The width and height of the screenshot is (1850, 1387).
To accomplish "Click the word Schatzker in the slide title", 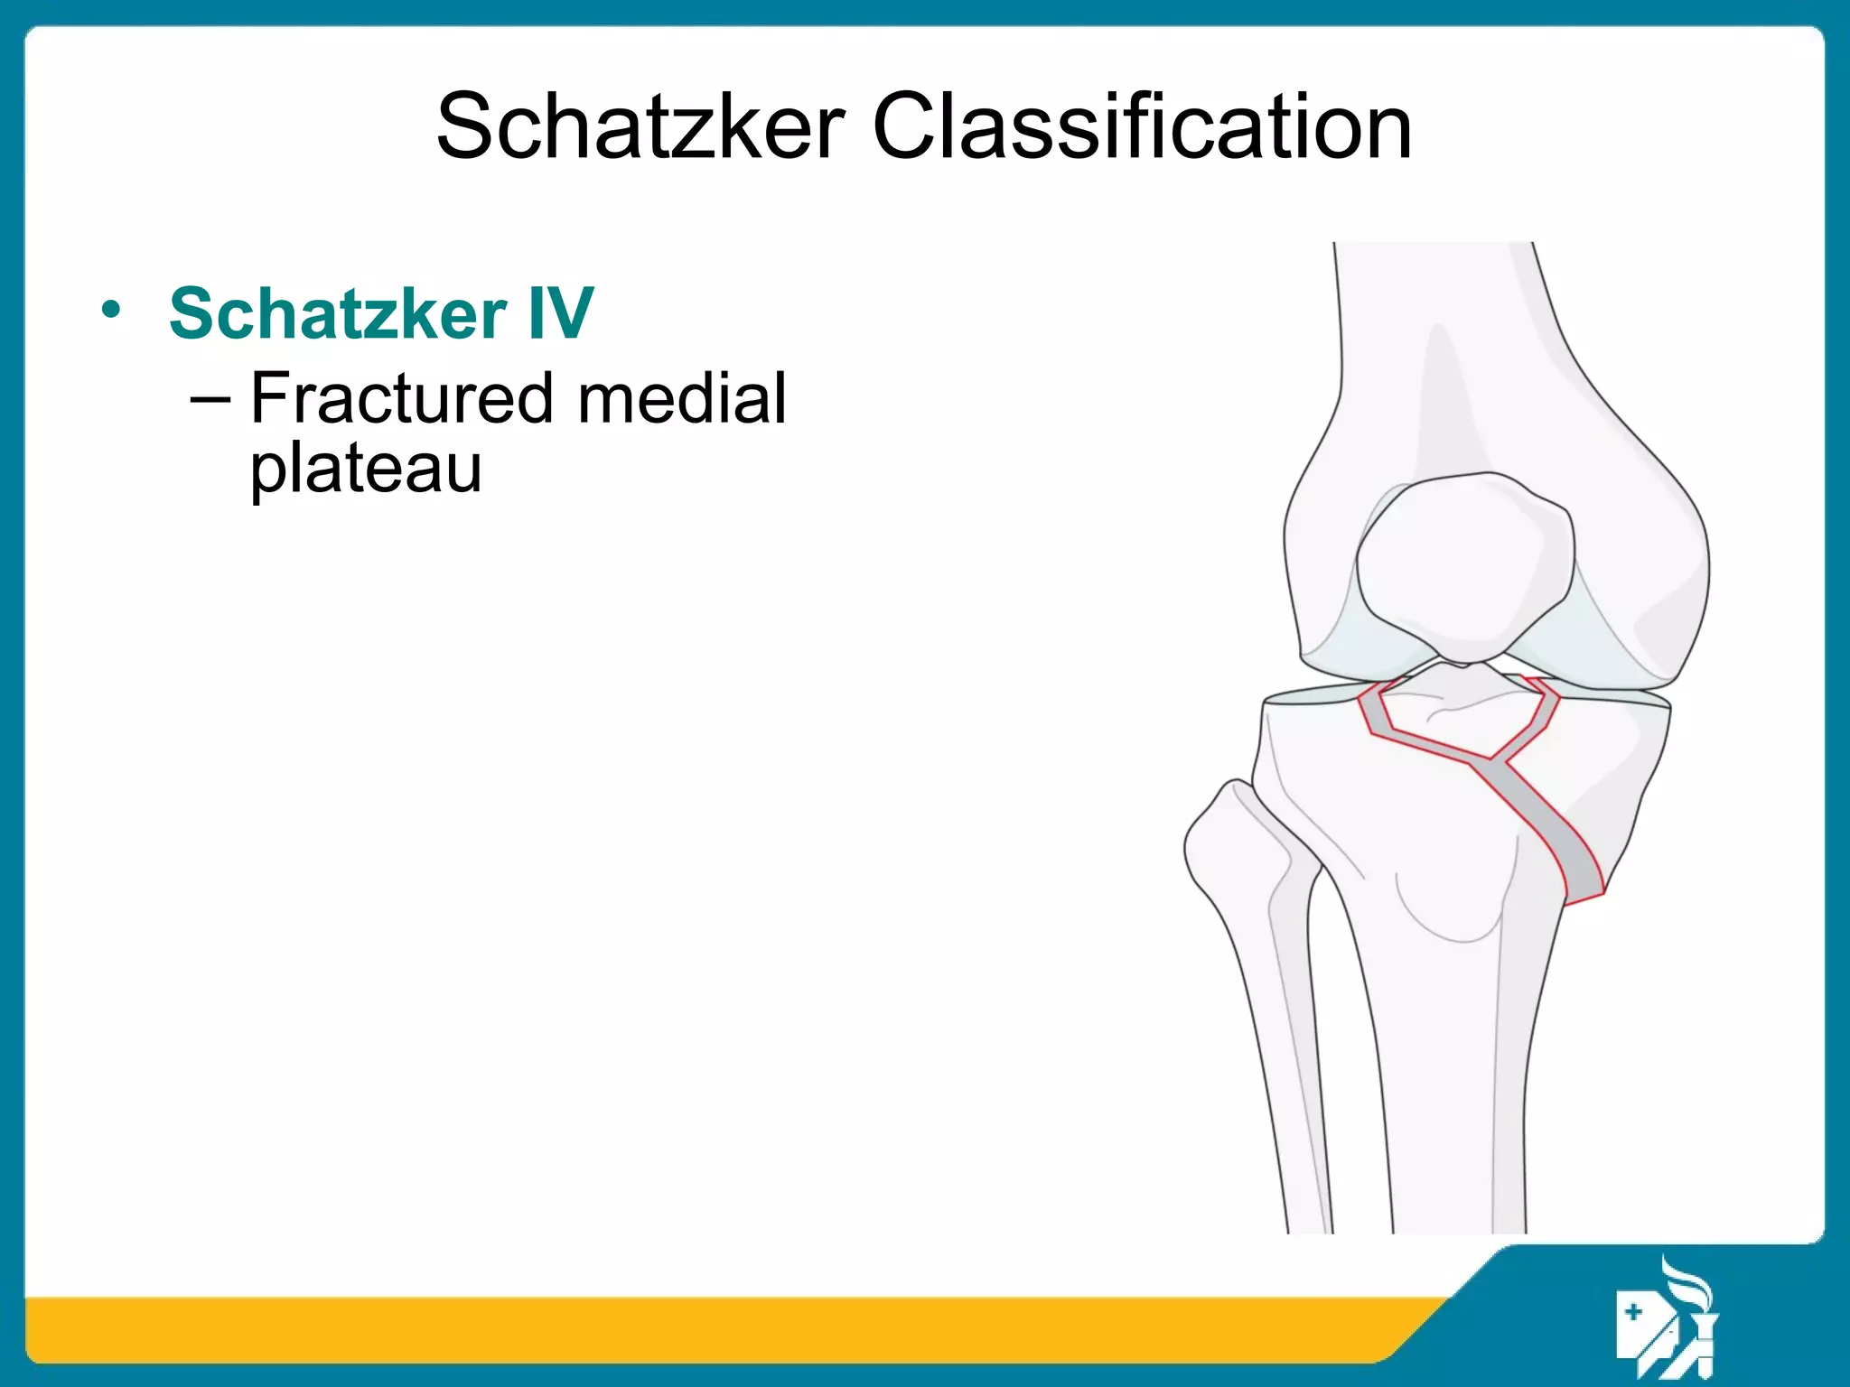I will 640,126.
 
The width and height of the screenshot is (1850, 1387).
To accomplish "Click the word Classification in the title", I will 1142,126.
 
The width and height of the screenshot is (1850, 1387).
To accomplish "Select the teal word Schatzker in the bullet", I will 338,313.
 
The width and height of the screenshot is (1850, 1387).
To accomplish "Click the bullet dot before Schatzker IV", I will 110,310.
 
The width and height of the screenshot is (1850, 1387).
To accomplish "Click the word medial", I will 682,398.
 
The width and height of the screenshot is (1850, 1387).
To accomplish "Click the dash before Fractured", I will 210,398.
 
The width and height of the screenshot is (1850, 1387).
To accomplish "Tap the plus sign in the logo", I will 1632,1311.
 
